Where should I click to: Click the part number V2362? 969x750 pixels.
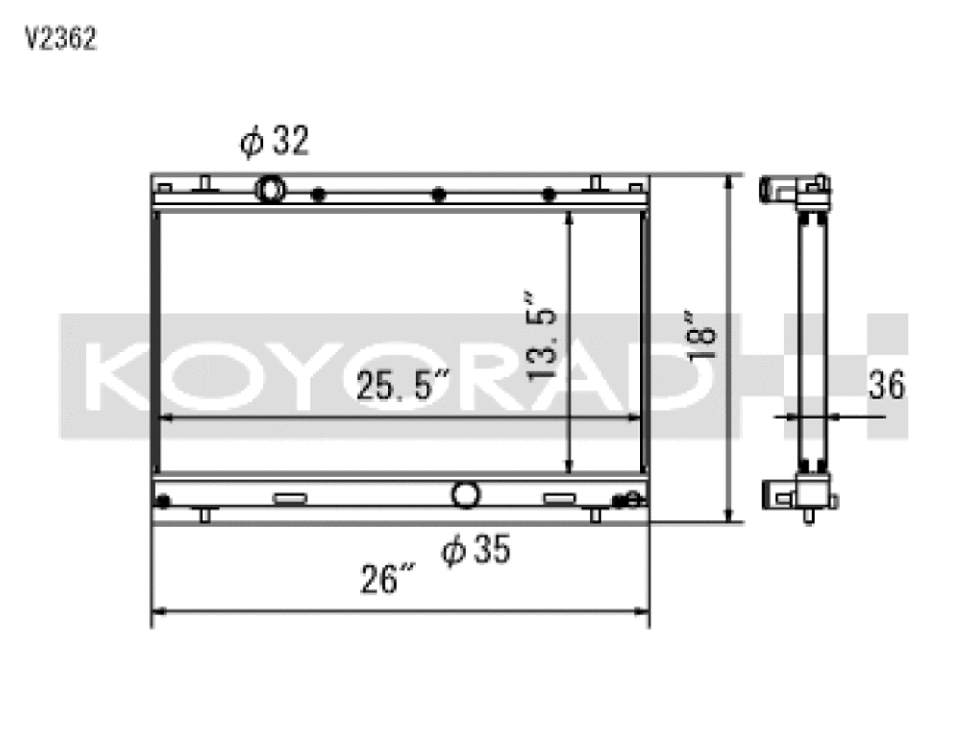[61, 39]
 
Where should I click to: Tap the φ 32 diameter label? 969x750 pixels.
[274, 141]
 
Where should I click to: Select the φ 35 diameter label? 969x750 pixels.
[476, 549]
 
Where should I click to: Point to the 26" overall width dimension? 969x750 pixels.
[388, 580]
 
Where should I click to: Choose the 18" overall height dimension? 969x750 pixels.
[700, 334]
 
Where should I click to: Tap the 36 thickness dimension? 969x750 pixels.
[886, 385]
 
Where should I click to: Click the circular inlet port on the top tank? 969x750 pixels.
[270, 188]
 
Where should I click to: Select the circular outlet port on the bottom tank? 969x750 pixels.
[466, 495]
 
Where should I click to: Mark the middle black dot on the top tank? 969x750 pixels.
[438, 195]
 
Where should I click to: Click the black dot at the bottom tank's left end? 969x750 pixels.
[163, 500]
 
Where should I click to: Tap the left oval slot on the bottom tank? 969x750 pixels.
[289, 499]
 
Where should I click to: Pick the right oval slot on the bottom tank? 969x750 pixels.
[558, 499]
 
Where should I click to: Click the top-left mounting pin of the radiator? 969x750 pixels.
[204, 183]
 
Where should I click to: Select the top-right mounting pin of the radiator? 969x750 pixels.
[596, 183]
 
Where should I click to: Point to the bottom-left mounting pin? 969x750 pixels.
[204, 515]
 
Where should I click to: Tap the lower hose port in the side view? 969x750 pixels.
[777, 495]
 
